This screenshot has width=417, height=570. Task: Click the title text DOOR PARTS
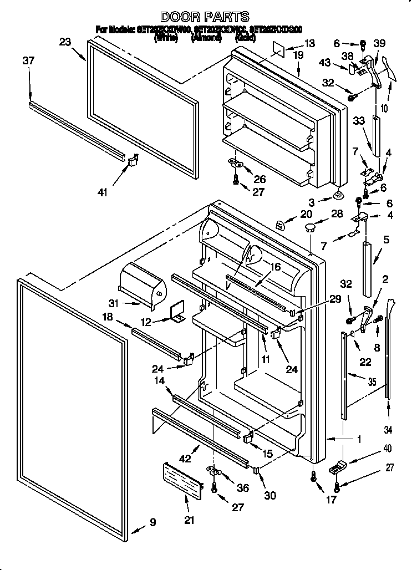coord(205,17)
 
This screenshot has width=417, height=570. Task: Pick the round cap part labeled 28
coord(309,227)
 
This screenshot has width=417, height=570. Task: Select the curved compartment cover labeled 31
coord(143,282)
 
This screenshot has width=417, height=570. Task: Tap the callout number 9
coord(152,522)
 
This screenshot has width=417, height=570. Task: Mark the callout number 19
coord(298,55)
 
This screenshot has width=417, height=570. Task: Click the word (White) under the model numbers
coord(166,38)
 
